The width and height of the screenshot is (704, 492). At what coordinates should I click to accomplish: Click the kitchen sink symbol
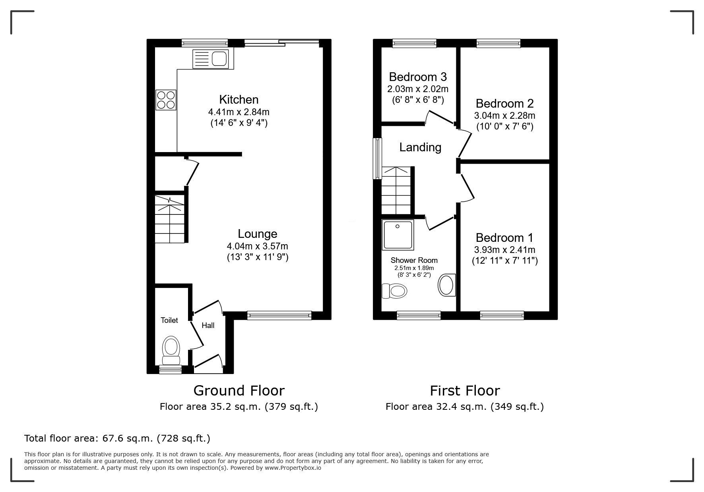(211, 59)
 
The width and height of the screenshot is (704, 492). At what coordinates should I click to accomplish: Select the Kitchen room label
(239, 99)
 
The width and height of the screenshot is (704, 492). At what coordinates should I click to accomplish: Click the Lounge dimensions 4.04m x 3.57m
(257, 246)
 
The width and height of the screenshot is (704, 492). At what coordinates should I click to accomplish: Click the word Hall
(208, 326)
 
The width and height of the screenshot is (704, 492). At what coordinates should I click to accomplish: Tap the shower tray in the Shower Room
(398, 235)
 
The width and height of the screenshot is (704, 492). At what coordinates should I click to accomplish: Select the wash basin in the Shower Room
(447, 285)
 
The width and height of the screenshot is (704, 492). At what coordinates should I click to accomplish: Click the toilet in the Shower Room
(394, 291)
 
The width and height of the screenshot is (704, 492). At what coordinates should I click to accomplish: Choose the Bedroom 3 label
(418, 76)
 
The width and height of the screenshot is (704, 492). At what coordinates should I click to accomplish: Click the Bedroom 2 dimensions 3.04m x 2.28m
(504, 116)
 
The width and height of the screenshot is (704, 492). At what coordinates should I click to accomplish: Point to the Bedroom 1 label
(504, 237)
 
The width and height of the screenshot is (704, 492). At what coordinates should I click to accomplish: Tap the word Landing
(420, 147)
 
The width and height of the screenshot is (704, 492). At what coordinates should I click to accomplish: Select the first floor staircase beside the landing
(396, 191)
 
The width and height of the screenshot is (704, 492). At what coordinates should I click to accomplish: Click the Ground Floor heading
(239, 390)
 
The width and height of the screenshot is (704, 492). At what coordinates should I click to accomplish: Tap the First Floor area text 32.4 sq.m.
(464, 407)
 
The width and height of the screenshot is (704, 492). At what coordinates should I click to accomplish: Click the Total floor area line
(117, 438)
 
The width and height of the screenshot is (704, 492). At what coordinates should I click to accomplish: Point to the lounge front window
(279, 316)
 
